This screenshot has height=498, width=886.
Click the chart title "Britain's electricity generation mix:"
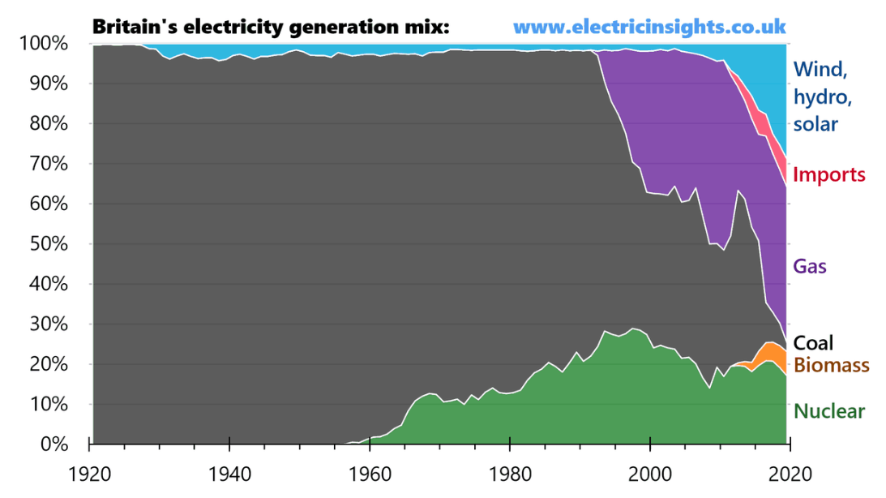pyautogui.click(x=270, y=26)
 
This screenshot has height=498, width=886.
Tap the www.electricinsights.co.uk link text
pyautogui.click(x=649, y=26)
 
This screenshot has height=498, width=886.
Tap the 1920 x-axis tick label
pyautogui.click(x=90, y=471)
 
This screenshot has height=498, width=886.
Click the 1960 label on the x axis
pyautogui.click(x=370, y=471)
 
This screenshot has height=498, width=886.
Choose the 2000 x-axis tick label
pyautogui.click(x=649, y=471)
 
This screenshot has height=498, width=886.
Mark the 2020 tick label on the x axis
pyautogui.click(x=789, y=471)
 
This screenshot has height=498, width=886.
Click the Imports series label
pyautogui.click(x=828, y=174)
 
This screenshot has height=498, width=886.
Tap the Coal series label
pyautogui.click(x=813, y=343)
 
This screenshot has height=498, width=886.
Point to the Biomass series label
pyautogui.click(x=831, y=365)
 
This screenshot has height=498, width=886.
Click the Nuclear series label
pyautogui.click(x=829, y=411)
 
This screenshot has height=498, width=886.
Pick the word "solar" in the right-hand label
pyautogui.click(x=815, y=124)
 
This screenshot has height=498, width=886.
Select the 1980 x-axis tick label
pyautogui.click(x=509, y=471)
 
